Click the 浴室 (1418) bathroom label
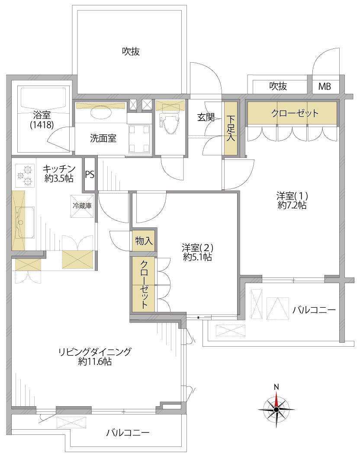point(42,120)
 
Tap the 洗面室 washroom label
point(103,138)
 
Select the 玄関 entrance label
point(206,118)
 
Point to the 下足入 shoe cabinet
point(231,128)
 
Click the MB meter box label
point(325,86)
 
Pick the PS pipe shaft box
point(90,174)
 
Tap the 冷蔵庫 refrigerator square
point(82,206)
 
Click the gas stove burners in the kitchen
point(24,175)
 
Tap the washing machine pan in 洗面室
point(139,139)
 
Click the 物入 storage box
point(144,241)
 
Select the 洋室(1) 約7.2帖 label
point(292,201)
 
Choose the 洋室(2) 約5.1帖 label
point(197,252)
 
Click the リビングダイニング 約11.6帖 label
point(95,357)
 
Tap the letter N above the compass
point(276,387)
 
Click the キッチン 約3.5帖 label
point(59,173)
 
